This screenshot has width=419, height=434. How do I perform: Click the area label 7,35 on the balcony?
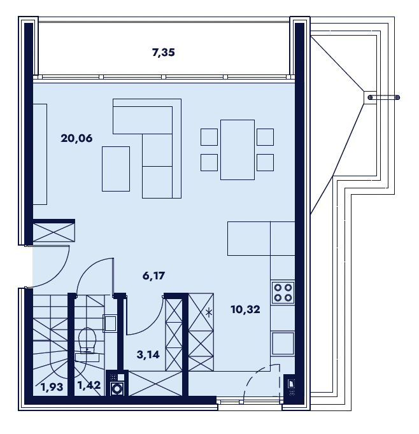tap(164, 52)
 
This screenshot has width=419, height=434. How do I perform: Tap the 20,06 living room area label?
tap(76, 138)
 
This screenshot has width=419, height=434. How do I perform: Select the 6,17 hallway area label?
tap(153, 276)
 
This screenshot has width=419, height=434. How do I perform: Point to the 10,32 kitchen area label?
tap(245, 309)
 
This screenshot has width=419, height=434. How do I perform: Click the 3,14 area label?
tap(148, 354)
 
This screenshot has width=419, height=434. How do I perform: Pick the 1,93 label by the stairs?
tap(52, 387)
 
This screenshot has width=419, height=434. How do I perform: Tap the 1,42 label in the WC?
tap(89, 385)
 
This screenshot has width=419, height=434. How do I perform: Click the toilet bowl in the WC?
tap(87, 340)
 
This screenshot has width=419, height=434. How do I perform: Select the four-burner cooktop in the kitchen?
tap(283, 293)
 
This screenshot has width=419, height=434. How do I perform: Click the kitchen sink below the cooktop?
tap(283, 344)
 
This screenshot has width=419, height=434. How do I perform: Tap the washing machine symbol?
tap(117, 389)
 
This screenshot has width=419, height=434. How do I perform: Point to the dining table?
tap(238, 150)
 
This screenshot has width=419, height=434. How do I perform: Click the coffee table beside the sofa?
tap(116, 169)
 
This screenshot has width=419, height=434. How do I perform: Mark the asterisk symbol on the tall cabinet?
tap(209, 313)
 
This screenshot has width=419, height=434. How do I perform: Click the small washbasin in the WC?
tap(110, 323)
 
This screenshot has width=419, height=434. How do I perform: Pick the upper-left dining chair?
tap(209, 137)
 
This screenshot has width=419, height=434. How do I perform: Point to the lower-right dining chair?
tap(266, 162)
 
